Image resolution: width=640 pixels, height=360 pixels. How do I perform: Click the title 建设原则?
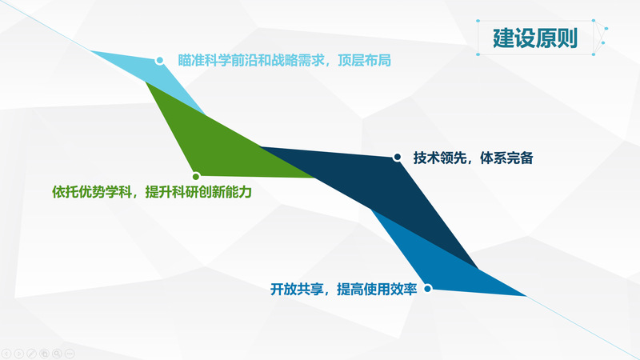coord(535,38)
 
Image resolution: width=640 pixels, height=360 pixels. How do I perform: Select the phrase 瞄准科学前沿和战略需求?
coord(251,61)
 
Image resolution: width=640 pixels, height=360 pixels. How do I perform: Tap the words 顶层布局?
coord(365,61)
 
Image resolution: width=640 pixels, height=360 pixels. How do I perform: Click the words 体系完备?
coord(506,158)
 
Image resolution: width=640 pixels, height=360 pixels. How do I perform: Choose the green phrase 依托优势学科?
coord(92,191)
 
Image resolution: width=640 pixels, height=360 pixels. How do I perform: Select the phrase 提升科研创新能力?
coord(198,191)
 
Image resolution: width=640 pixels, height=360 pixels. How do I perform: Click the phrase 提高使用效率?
coord(377,289)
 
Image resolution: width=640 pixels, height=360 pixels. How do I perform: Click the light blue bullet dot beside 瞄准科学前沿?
coord(159,61)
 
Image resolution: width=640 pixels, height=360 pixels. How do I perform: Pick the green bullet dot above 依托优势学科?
coord(196,176)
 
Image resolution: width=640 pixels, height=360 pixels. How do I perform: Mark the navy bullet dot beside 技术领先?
coord(397,157)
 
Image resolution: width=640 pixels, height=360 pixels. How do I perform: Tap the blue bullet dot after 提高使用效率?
coord(427,289)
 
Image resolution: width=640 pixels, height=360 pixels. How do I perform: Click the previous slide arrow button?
coord(6,354)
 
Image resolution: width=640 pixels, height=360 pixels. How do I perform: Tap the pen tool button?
coord(31,354)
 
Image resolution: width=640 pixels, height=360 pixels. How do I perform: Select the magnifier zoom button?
coord(57,354)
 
